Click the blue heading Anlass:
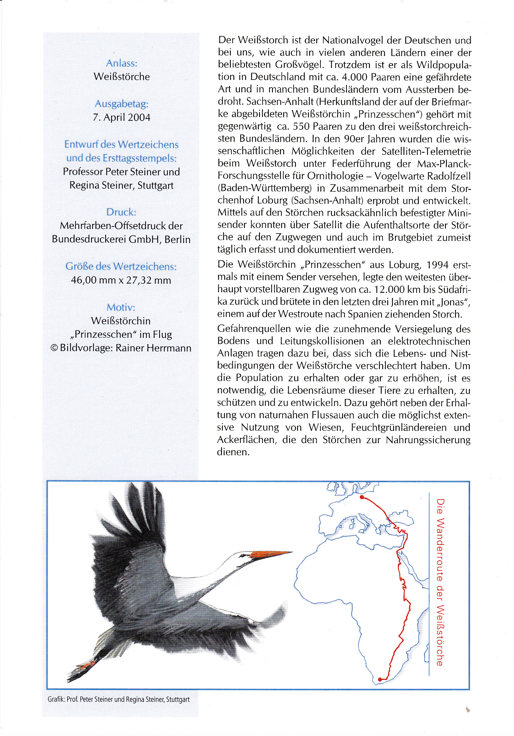click(x=121, y=63)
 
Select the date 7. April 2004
click(x=121, y=117)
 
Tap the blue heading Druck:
click(x=121, y=212)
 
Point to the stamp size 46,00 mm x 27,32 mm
click(x=121, y=280)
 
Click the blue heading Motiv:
click(x=121, y=308)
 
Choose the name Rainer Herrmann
click(x=153, y=348)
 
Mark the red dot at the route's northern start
click(x=362, y=497)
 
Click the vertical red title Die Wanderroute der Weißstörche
click(x=440, y=582)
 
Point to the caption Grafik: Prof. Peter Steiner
click(x=118, y=699)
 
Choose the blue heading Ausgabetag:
click(x=121, y=104)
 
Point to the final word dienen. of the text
click(x=233, y=452)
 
